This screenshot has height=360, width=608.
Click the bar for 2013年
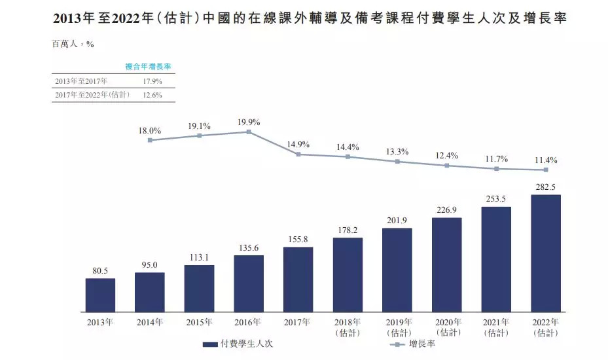(100, 296)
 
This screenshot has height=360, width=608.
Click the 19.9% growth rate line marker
(249, 132)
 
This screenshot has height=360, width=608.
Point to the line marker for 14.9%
(298, 154)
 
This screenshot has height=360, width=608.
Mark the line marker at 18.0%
(150, 140)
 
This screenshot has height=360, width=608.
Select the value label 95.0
(150, 265)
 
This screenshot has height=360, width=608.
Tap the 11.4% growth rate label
(545, 160)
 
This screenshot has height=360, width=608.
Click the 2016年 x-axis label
(249, 322)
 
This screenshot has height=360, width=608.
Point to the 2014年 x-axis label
(150, 322)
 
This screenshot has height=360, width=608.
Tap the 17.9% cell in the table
(151, 81)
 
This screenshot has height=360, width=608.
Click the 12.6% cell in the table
(151, 94)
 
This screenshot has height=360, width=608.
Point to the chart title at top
(304, 18)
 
